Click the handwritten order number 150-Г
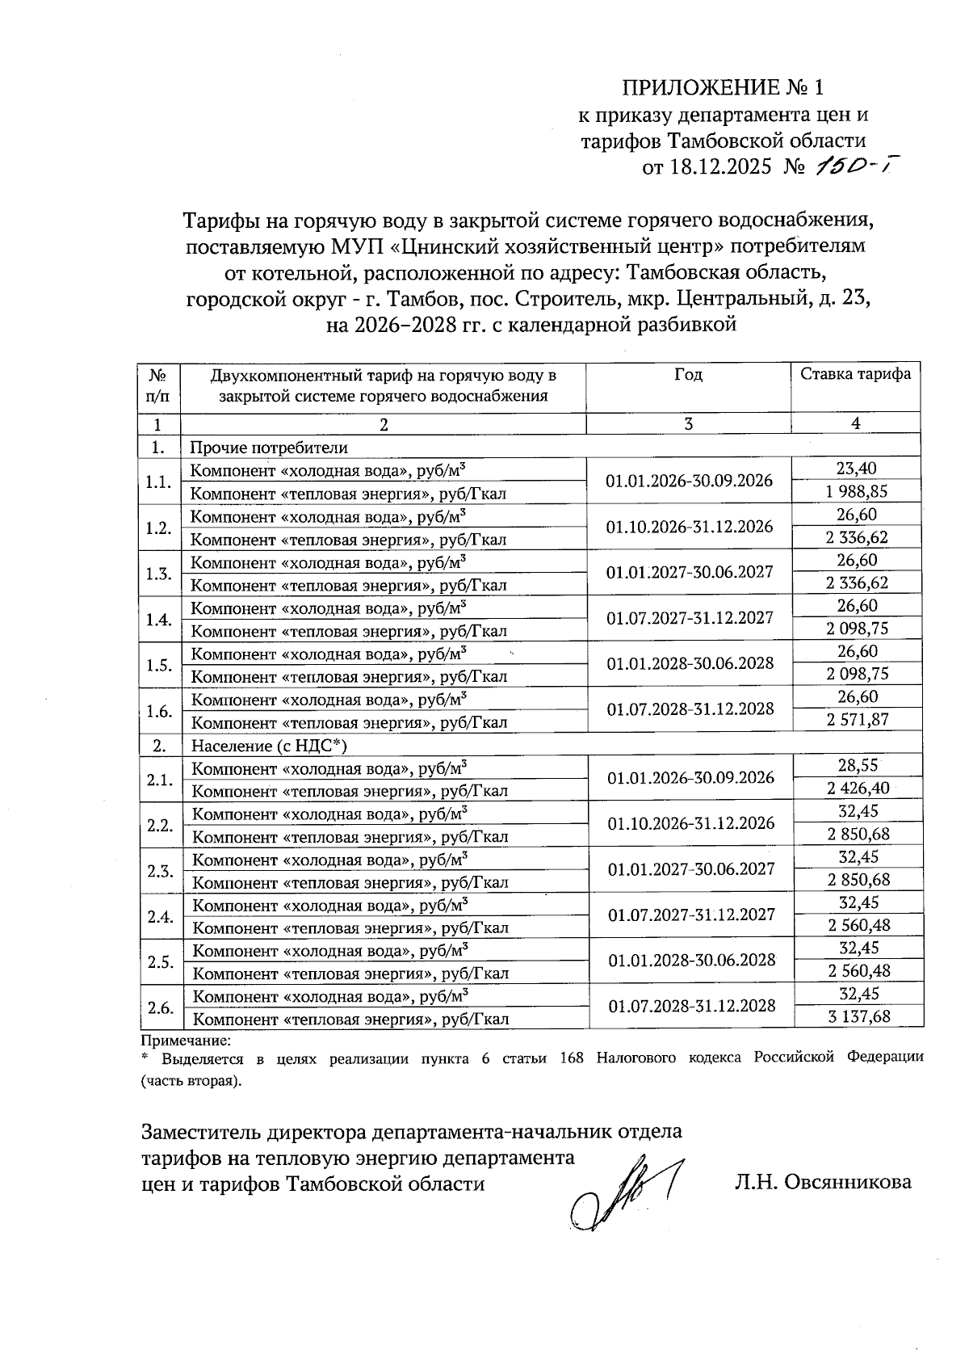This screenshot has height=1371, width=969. (x=856, y=166)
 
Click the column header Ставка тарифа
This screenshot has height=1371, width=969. (x=855, y=374)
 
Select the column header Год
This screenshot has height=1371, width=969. (x=688, y=375)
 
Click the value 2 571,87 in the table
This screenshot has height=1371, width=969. (x=858, y=720)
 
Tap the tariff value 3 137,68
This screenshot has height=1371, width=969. (x=858, y=1016)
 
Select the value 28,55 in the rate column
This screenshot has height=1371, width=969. (x=858, y=765)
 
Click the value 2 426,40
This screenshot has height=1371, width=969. (x=858, y=788)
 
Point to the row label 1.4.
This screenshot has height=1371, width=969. (x=158, y=620)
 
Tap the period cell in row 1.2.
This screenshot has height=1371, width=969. (x=690, y=527)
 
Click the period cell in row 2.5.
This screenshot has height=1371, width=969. (x=691, y=960)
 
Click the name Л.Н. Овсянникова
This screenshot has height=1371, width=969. (x=823, y=1183)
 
